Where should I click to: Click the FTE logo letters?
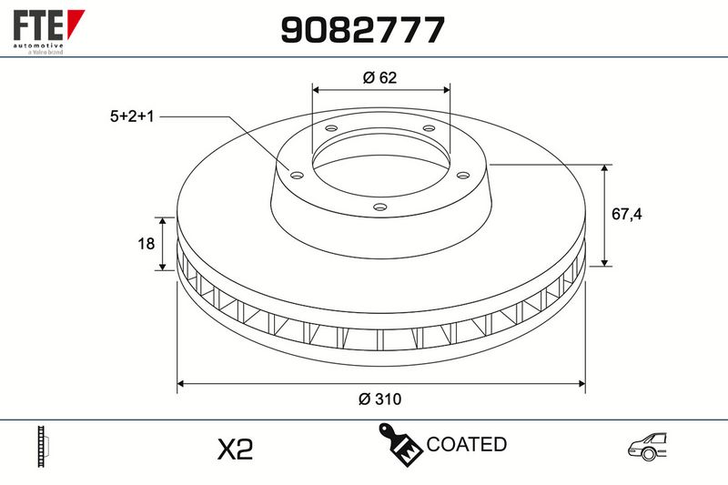click(38, 25)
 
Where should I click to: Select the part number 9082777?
click(362, 30)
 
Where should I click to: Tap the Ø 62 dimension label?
click(379, 77)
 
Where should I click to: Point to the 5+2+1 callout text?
click(132, 116)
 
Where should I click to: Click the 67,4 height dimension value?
click(627, 214)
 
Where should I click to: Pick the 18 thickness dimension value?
click(146, 243)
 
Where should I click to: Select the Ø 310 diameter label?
click(379, 399)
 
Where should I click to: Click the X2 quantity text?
click(236, 449)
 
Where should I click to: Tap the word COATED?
click(466, 444)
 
